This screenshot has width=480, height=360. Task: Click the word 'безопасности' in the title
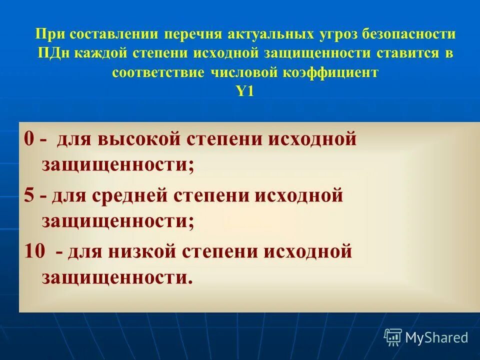[409, 35]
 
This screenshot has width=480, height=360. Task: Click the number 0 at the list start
[29, 139]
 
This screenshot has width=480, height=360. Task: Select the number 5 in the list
[29, 195]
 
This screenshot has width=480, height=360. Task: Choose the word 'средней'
[135, 195]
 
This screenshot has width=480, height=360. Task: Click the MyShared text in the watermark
[436, 337]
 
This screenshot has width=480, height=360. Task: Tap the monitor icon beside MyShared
[393, 337]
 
